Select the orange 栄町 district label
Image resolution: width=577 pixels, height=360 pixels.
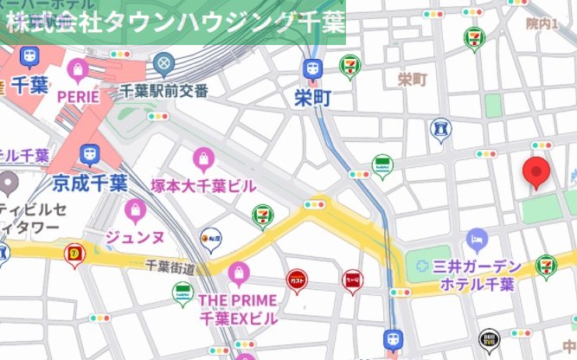point(413,80)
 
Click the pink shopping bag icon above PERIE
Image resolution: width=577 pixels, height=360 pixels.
point(79,68)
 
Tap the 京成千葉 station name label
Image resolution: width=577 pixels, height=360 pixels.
point(90,183)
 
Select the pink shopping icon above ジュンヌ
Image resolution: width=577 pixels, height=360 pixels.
point(135,209)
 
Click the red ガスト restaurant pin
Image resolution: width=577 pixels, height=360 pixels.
point(296,280)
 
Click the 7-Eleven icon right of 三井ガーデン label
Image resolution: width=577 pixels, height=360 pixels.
point(547,266)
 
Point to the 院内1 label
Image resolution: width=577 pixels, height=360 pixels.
point(542,24)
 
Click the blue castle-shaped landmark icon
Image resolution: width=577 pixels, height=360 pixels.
point(440,130)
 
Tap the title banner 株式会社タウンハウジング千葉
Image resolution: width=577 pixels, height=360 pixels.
point(173,22)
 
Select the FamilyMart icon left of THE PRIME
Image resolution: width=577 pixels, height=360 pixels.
point(183,292)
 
